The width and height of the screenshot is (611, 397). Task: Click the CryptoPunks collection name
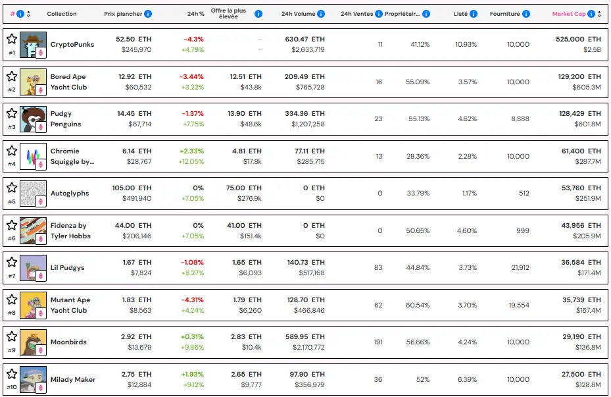pyautogui.click(x=72, y=45)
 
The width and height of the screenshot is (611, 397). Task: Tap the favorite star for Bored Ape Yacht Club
pyautogui.click(x=12, y=76)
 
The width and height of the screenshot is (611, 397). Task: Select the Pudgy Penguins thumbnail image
pyautogui.click(x=33, y=119)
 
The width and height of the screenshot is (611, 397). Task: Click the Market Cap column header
pyautogui.click(x=570, y=14)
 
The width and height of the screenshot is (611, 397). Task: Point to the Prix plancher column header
pyautogui.click(x=123, y=14)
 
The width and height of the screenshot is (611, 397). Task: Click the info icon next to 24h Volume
pyautogui.click(x=320, y=14)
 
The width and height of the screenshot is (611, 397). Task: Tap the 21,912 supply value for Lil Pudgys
pyautogui.click(x=518, y=268)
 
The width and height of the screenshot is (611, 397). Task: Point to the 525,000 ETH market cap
pyautogui.click(x=578, y=40)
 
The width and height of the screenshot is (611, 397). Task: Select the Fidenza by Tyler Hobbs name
pyautogui.click(x=70, y=231)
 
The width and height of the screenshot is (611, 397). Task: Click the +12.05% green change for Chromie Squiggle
pyautogui.click(x=191, y=162)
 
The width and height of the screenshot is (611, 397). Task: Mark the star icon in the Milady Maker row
pyautogui.click(x=12, y=373)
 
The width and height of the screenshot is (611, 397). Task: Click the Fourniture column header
pyautogui.click(x=504, y=14)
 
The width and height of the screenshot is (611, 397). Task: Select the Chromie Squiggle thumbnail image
pyautogui.click(x=33, y=156)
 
